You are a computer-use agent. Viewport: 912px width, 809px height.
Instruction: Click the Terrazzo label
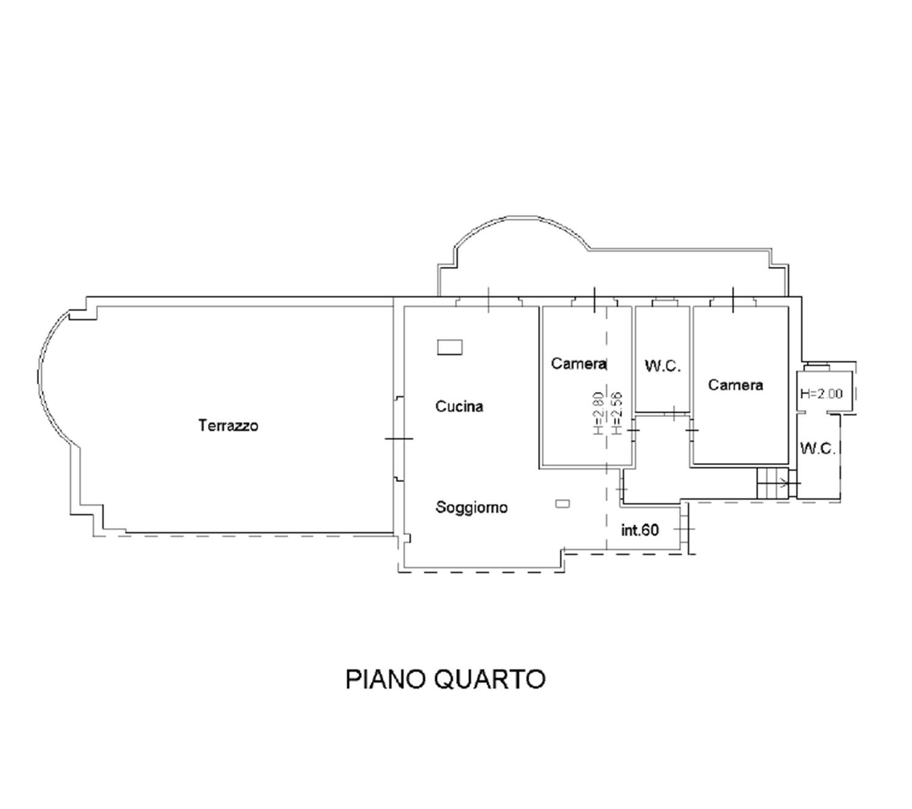point(228,425)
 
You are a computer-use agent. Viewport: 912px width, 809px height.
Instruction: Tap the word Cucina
point(459,406)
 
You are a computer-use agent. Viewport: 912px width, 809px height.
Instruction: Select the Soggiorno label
point(471,508)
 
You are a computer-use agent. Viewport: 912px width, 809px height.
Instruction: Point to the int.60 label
point(640,531)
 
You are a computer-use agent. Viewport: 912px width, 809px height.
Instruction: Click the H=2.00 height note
point(821,394)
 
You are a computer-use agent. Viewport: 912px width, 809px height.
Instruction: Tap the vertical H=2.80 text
point(598,413)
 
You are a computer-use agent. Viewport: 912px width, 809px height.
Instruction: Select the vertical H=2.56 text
point(617,413)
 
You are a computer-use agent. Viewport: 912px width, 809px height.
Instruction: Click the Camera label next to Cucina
point(579,363)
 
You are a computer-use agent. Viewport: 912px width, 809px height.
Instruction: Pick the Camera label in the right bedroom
point(735,385)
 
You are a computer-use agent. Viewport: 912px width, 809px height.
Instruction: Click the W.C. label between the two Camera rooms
point(662,367)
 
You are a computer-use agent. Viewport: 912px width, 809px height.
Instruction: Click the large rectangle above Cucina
point(450,347)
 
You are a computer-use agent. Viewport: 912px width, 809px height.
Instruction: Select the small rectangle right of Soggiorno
point(562,503)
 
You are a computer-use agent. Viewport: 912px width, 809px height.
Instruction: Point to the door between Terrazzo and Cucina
point(399,438)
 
